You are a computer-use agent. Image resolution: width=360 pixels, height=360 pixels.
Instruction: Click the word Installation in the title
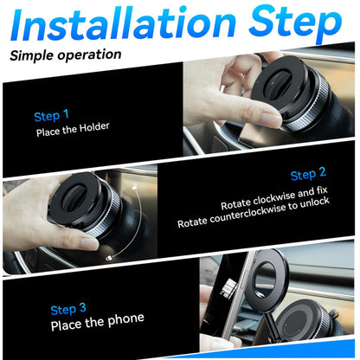(x=121, y=26)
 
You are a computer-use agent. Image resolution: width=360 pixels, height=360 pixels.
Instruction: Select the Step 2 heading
(x=308, y=175)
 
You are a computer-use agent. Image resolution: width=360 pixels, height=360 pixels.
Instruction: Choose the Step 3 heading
(x=68, y=309)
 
